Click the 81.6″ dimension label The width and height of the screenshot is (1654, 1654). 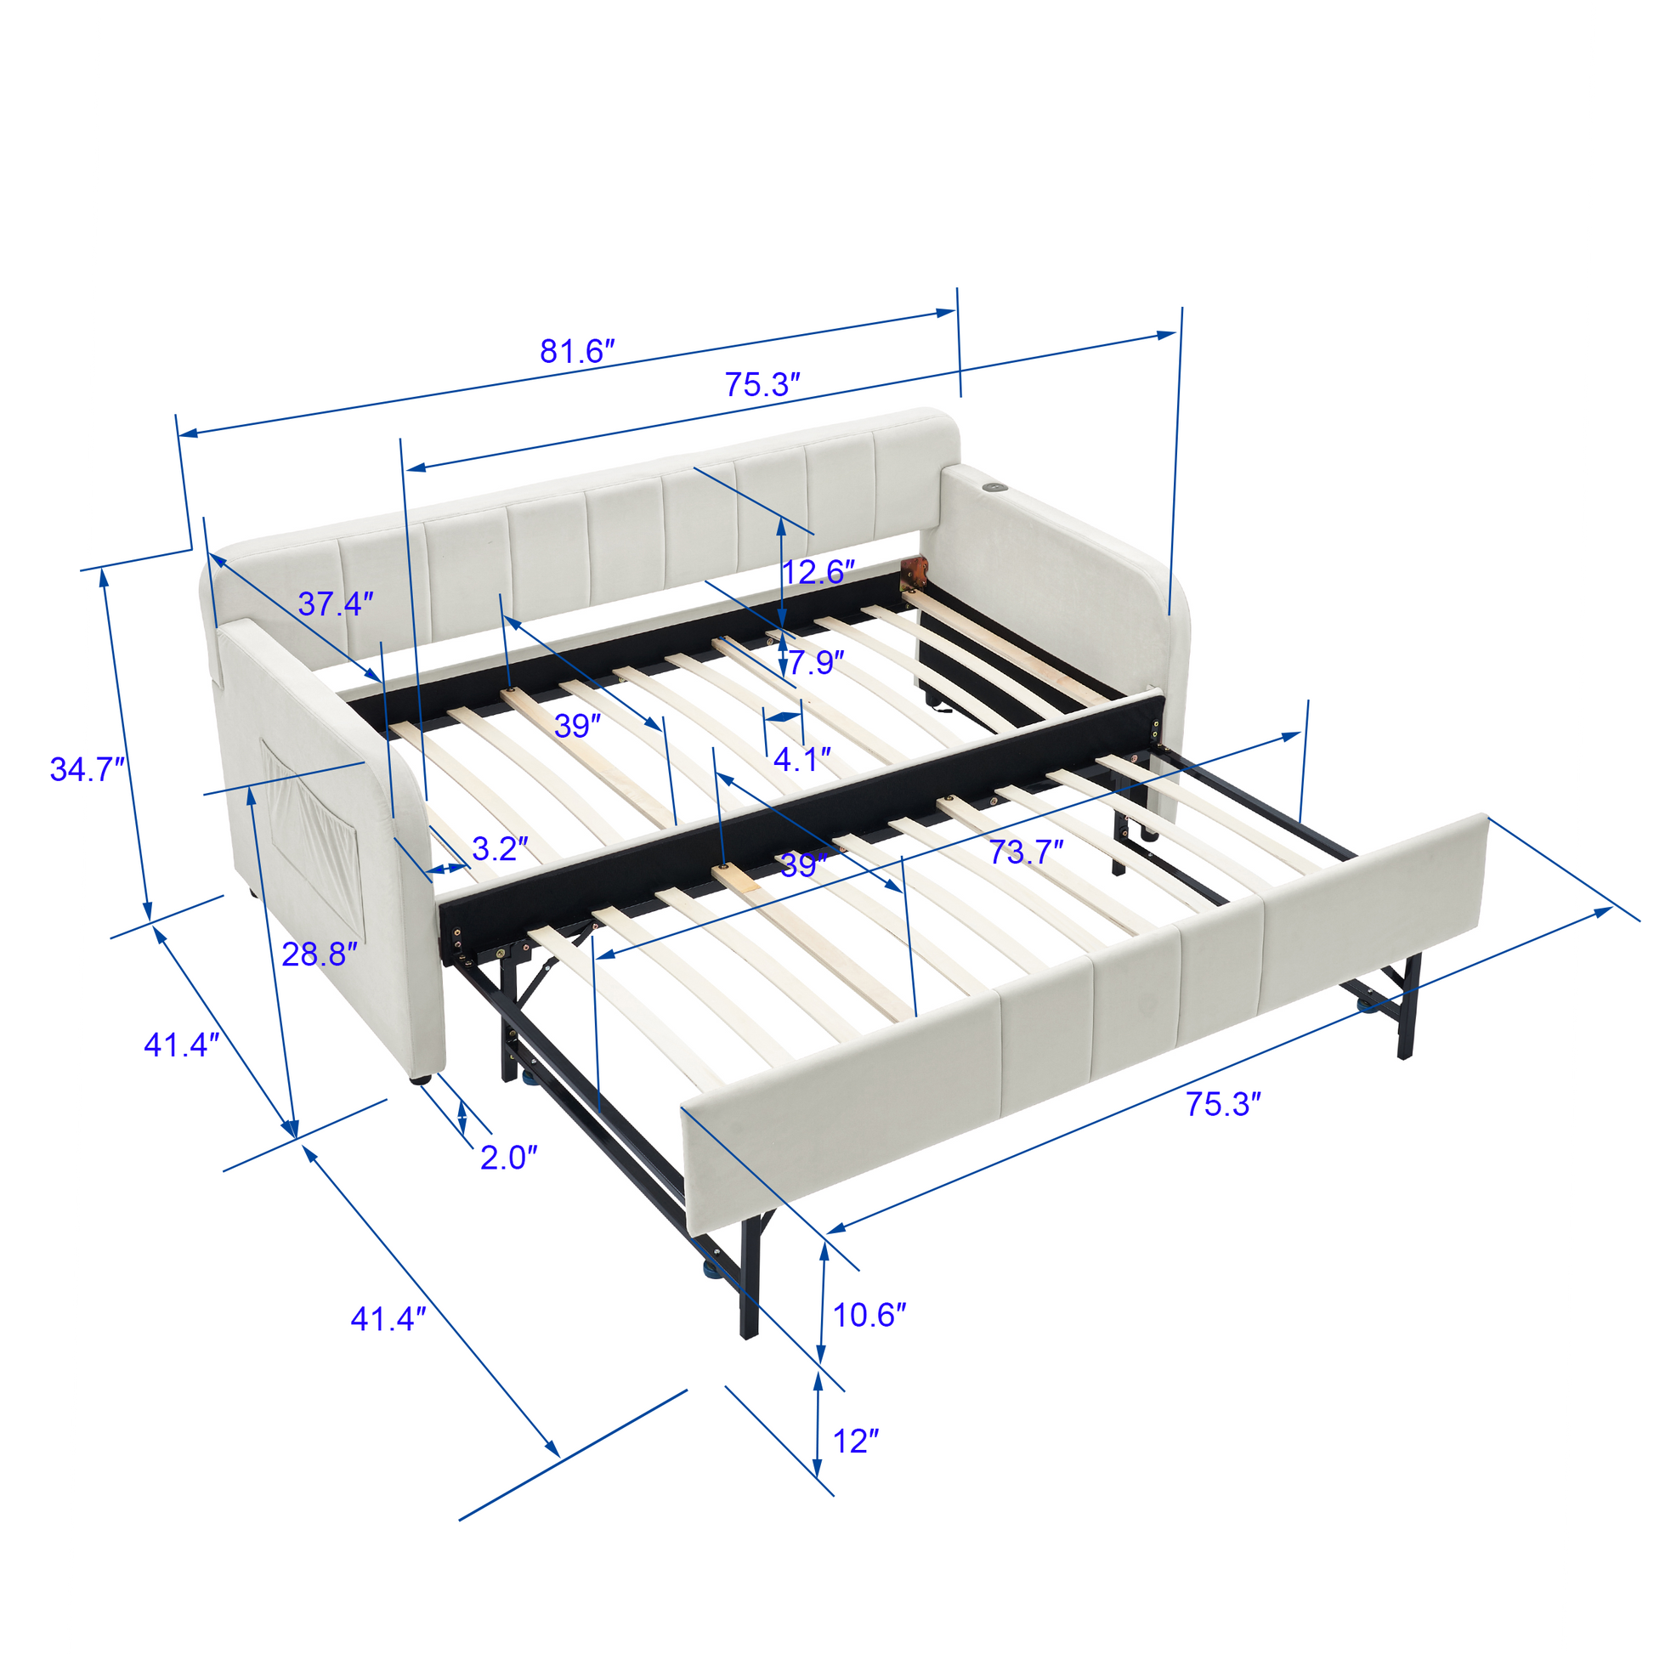[578, 351]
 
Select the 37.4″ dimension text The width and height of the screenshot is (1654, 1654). [337, 603]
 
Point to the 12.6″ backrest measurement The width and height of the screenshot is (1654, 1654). [819, 572]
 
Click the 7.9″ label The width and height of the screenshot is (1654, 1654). [816, 663]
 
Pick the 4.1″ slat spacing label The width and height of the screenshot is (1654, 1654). [802, 759]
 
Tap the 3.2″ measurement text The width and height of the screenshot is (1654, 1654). [501, 848]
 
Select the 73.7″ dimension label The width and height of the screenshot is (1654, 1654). [1027, 852]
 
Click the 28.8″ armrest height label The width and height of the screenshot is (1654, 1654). [320, 954]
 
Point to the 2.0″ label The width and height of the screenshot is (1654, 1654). [508, 1158]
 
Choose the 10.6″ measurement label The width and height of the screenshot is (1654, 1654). [869, 1315]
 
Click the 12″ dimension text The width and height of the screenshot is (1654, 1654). [856, 1442]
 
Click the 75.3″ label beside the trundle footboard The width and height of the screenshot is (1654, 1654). [1223, 1104]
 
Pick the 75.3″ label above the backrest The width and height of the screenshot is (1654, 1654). [762, 384]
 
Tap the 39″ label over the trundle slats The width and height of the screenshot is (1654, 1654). [804, 865]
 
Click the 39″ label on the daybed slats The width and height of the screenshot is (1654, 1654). [578, 726]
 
